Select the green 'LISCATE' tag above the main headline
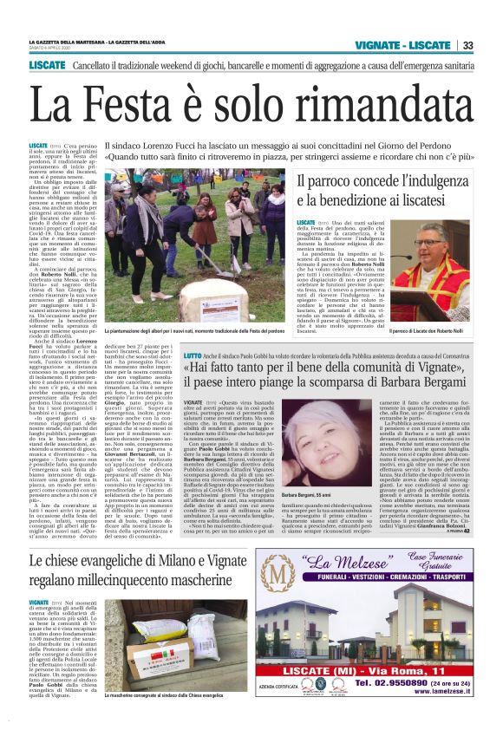47,65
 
